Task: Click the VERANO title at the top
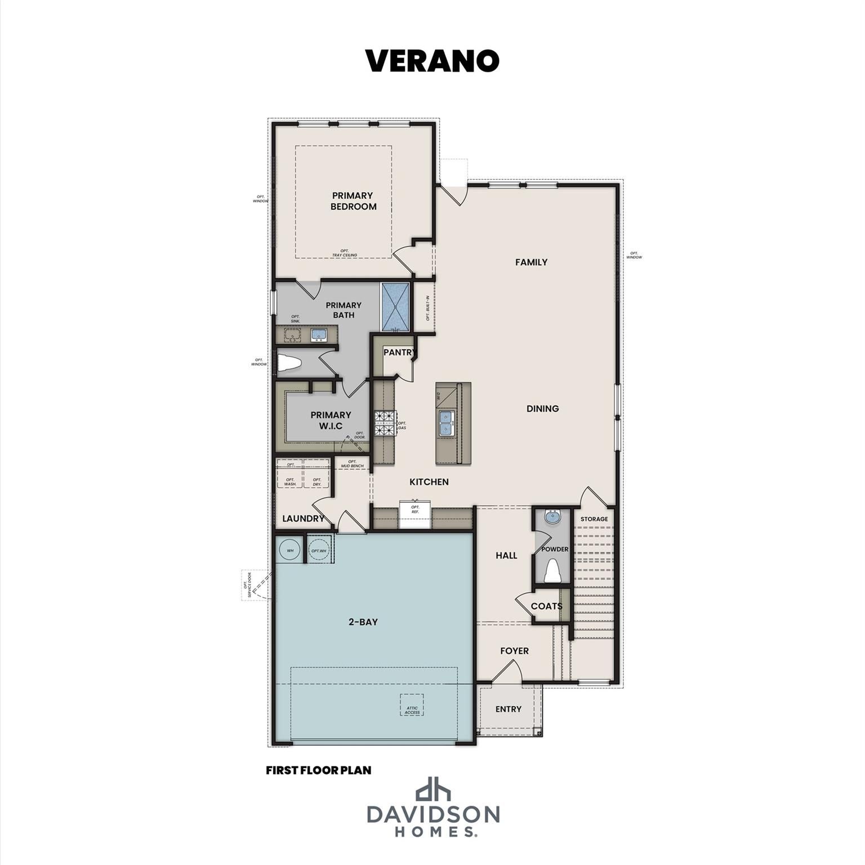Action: [x=432, y=61]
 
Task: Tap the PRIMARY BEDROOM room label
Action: [x=353, y=201]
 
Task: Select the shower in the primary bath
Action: [x=396, y=307]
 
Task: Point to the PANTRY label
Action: [x=399, y=353]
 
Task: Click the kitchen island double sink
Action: [x=447, y=423]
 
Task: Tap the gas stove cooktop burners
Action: [x=385, y=423]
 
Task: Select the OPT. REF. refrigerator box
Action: [x=415, y=514]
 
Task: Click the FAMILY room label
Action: [x=531, y=262]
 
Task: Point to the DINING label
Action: [x=542, y=408]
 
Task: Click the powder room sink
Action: [x=552, y=516]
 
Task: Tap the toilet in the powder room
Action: [x=552, y=571]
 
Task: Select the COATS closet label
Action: [x=546, y=606]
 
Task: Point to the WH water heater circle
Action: [x=290, y=550]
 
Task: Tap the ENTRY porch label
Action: [x=508, y=709]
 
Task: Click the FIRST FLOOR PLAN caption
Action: [x=318, y=770]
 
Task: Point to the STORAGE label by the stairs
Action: [x=594, y=519]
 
